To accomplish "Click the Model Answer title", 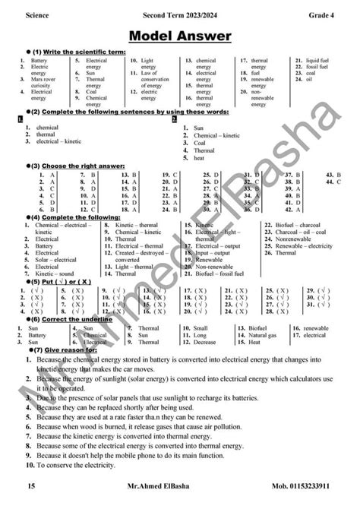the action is (179, 36).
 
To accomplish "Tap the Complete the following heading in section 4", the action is (72, 217).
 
